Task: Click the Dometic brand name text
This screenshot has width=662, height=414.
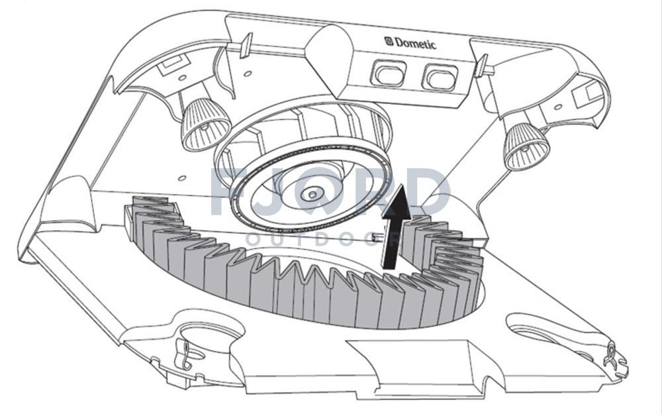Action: click(x=416, y=44)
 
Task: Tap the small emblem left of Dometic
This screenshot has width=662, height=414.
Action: click(x=389, y=41)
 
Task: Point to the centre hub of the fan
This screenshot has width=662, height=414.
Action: click(x=310, y=195)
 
